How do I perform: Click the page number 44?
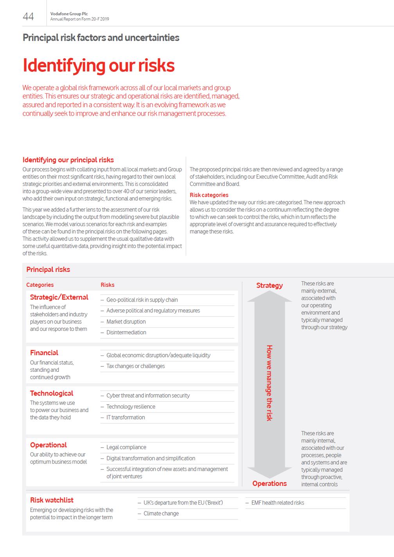28,16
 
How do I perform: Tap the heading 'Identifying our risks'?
98,65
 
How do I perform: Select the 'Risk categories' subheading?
209,195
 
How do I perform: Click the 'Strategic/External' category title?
59,297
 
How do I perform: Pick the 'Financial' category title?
44,353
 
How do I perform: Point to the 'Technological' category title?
52,393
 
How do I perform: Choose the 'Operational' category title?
48,445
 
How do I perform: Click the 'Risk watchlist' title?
52,500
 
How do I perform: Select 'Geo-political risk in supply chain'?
142,300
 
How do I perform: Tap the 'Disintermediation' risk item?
126,332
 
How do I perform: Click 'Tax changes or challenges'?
136,366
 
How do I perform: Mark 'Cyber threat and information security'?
148,396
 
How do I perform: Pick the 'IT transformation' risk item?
125,418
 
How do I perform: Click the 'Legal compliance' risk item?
126,447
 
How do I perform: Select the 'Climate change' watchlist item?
161,514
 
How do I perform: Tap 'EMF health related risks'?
278,503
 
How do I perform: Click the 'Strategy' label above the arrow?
269,286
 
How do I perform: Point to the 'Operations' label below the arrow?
269,484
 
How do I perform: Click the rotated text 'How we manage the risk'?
269,383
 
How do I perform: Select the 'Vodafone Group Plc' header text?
69,14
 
